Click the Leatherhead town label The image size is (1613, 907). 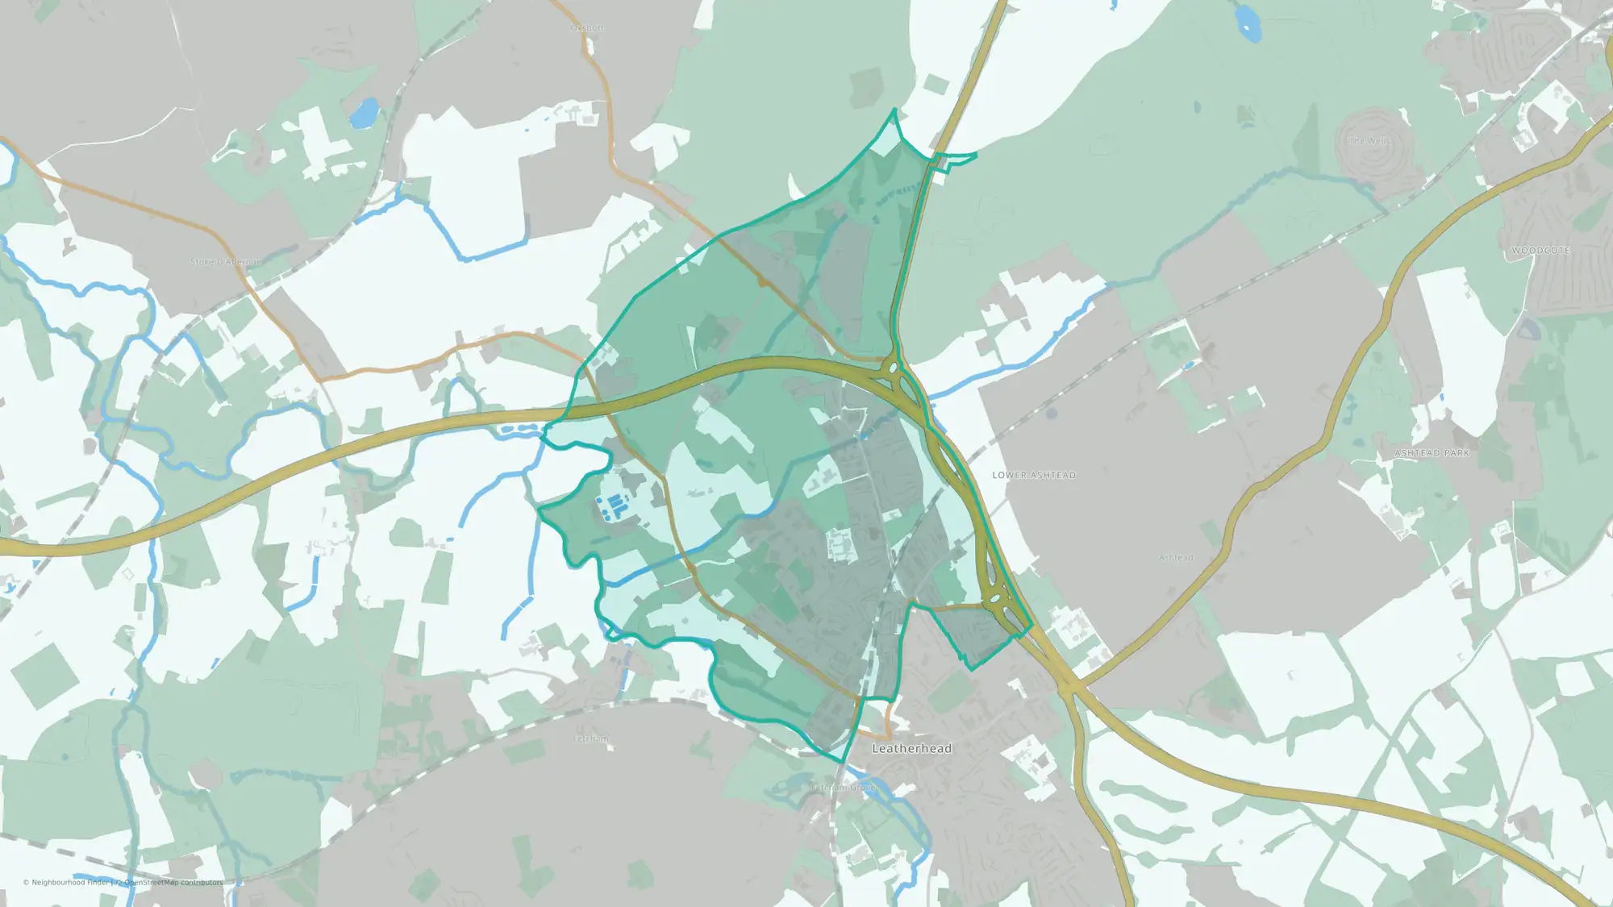(x=911, y=748)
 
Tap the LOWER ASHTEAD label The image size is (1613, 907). (x=1034, y=475)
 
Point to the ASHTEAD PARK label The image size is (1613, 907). (x=1432, y=453)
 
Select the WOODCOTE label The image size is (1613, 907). (x=1540, y=251)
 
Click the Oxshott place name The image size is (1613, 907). (x=586, y=28)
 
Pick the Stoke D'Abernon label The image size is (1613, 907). (x=225, y=262)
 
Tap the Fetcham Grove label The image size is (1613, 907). (x=842, y=787)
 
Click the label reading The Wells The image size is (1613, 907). (x=1369, y=141)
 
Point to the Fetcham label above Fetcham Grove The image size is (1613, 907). (x=590, y=738)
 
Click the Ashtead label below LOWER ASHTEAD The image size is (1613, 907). (x=1175, y=557)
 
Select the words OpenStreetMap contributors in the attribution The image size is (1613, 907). (x=173, y=882)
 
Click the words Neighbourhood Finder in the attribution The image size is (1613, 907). (x=70, y=882)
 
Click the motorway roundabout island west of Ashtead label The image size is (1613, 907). (x=994, y=599)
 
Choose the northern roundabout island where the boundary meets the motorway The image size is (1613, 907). (x=893, y=369)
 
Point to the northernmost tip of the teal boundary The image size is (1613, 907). (x=894, y=110)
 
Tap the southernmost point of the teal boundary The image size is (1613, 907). (x=844, y=762)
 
